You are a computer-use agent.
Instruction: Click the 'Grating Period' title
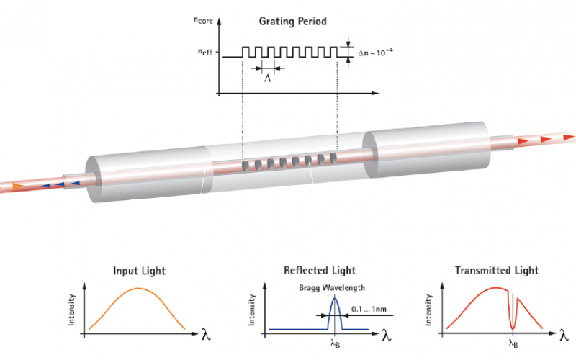[x=292, y=22]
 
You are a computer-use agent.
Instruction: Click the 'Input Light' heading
[x=140, y=271]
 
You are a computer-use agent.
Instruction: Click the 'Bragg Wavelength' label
[x=333, y=286]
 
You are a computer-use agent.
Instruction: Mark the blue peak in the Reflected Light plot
[x=333, y=301]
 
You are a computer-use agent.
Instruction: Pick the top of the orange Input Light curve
[x=140, y=289]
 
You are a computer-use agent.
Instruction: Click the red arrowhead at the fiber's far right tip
[x=568, y=136]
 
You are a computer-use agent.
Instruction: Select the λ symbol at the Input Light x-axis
[x=199, y=334]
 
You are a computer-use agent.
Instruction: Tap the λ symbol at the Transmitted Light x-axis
[x=562, y=334]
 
